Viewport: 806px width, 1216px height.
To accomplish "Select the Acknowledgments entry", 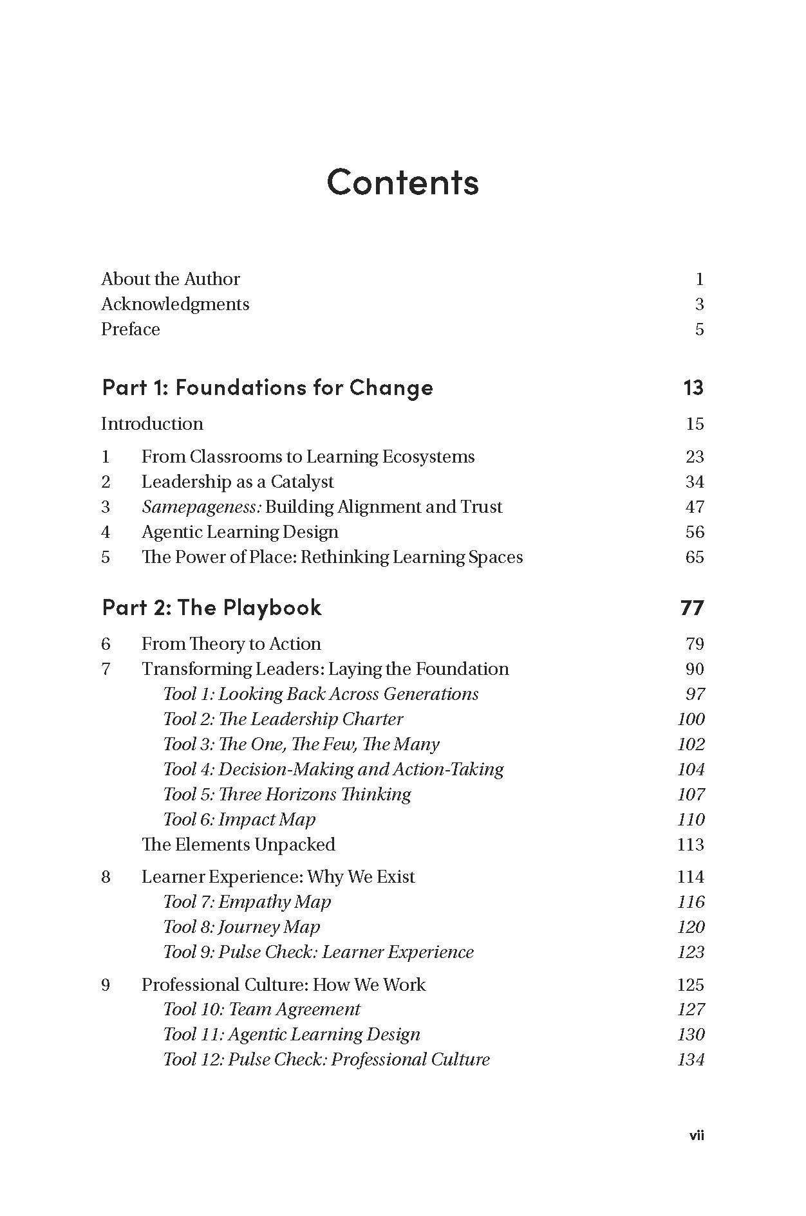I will tap(175, 304).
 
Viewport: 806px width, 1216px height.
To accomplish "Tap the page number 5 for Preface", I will tap(699, 329).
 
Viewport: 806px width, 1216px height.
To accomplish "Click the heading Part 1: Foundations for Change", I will tap(267, 387).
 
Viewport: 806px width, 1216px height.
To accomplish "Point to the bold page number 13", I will tap(693, 387).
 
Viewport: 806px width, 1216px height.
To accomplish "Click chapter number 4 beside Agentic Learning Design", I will tap(106, 532).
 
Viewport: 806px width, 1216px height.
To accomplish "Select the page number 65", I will tap(695, 557).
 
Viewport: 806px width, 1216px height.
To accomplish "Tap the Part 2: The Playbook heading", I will tap(212, 607).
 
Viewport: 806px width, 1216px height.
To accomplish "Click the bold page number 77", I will tap(692, 607).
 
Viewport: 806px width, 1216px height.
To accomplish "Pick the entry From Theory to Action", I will tap(231, 644).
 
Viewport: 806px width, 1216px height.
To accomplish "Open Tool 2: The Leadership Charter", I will tap(283, 719).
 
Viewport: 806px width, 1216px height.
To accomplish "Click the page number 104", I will tap(691, 769).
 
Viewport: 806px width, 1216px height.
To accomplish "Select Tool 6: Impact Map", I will tap(239, 820).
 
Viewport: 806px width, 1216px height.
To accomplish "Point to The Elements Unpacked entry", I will tap(238, 845).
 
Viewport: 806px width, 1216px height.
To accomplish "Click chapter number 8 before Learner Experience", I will tap(106, 877).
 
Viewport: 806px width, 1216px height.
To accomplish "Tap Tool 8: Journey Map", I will tap(241, 927).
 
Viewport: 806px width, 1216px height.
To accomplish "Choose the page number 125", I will tap(691, 985).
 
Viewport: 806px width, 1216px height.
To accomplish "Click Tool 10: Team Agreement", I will tap(261, 1009).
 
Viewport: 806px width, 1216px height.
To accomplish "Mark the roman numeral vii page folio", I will tap(697, 1136).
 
